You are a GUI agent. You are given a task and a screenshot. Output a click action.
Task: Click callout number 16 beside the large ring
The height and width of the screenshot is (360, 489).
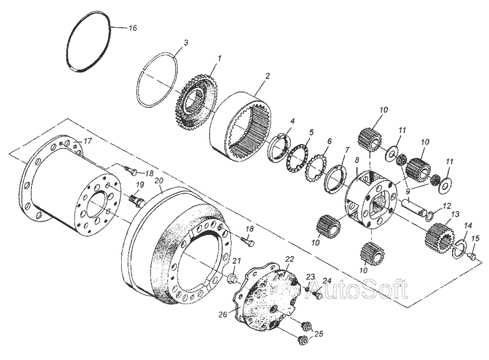tap(133, 28)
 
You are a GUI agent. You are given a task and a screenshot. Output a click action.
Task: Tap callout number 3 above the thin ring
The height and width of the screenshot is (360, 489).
tap(186, 42)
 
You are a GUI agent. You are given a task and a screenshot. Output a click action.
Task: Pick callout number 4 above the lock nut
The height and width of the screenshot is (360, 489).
tap(292, 121)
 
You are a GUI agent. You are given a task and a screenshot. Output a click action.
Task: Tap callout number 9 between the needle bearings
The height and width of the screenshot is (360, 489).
tap(407, 190)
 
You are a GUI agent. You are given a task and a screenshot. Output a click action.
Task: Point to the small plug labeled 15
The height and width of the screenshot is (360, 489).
tap(472, 257)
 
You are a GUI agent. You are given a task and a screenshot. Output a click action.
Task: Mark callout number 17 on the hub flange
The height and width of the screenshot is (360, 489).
tap(87, 141)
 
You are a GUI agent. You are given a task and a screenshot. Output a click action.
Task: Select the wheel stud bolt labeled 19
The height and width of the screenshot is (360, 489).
tap(136, 201)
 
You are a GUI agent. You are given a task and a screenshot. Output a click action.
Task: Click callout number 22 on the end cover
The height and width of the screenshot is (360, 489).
tap(290, 259)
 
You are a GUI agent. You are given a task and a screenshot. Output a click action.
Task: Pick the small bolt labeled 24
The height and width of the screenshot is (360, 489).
tap(317, 295)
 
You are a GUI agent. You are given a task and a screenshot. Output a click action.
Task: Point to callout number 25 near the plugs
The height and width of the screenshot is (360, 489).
tap(318, 334)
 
